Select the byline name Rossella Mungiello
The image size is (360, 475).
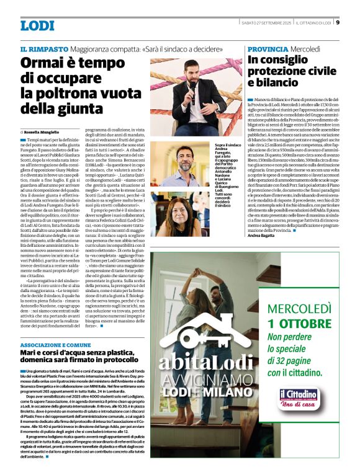coord(45,132)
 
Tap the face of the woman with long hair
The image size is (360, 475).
coord(186,206)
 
